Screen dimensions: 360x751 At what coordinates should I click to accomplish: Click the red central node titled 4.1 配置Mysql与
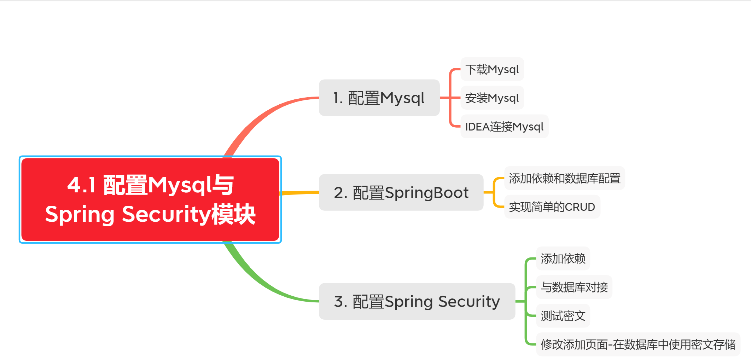click(150, 199)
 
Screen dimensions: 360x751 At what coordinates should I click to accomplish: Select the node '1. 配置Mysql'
click(379, 98)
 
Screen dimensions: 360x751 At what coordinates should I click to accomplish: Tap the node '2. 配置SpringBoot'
click(401, 193)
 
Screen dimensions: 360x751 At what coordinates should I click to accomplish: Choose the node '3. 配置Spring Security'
click(417, 302)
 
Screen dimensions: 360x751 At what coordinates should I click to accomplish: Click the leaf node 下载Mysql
click(492, 69)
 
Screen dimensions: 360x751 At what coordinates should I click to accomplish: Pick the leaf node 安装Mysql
click(492, 98)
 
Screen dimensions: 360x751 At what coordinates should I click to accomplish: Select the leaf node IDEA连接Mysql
click(504, 127)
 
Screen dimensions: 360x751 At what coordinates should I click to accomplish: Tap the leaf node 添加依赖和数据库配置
click(564, 178)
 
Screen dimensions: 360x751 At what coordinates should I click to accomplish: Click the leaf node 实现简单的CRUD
click(552, 207)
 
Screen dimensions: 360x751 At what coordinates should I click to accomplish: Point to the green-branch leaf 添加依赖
click(563, 259)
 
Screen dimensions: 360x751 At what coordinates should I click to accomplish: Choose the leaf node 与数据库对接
click(574, 287)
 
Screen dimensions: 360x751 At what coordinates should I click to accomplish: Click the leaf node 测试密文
click(563, 316)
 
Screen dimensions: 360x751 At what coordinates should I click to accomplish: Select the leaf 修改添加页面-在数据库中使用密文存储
click(638, 344)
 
